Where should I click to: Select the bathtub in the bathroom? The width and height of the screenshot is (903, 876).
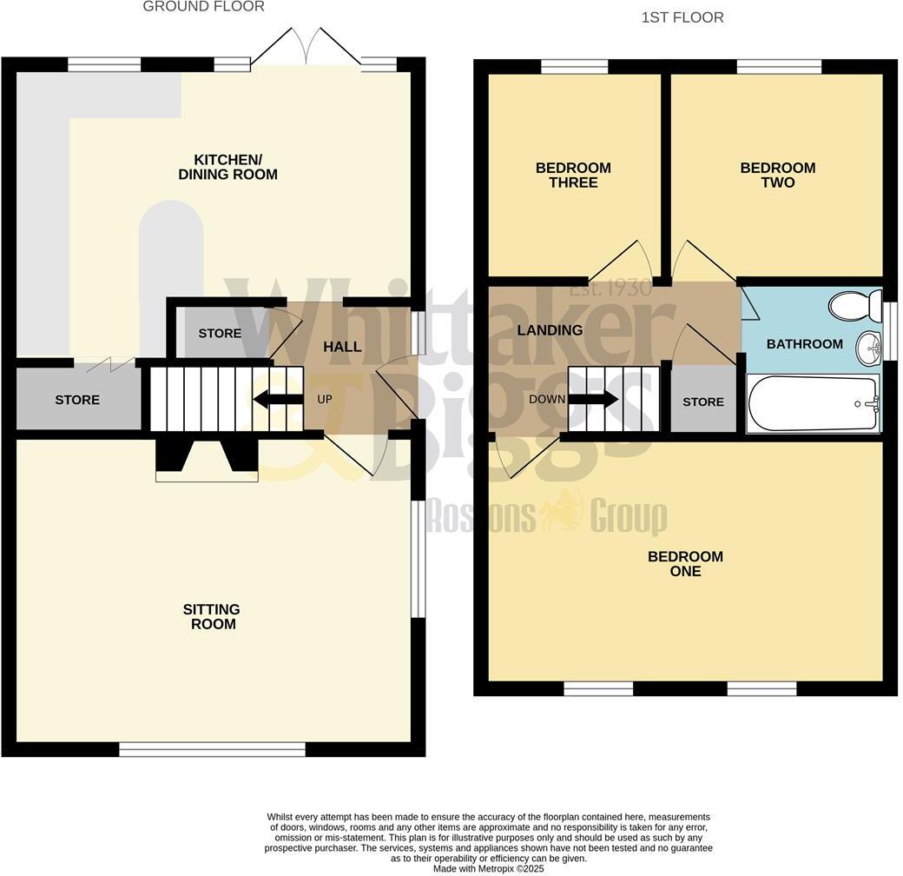[x=813, y=404]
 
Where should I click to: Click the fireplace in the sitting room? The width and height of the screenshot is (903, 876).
[x=207, y=459]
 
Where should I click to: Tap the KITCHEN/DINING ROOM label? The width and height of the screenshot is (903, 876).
[x=227, y=167]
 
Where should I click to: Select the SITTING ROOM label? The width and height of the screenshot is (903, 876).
[x=211, y=617]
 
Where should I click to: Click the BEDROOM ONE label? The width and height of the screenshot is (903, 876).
[x=685, y=564]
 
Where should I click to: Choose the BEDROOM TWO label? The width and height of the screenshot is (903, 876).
[x=777, y=175]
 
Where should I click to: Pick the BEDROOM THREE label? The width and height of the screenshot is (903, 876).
[x=573, y=175]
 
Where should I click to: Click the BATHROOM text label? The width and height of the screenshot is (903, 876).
[x=804, y=344]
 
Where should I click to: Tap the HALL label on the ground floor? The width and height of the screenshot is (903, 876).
[x=342, y=347]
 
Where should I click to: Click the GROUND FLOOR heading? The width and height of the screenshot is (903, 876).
[x=203, y=7]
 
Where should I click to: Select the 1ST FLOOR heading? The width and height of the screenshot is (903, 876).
[x=682, y=17]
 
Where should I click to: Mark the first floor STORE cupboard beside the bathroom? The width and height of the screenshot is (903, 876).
[x=702, y=401]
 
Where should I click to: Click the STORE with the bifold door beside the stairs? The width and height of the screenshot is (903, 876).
[x=77, y=400]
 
